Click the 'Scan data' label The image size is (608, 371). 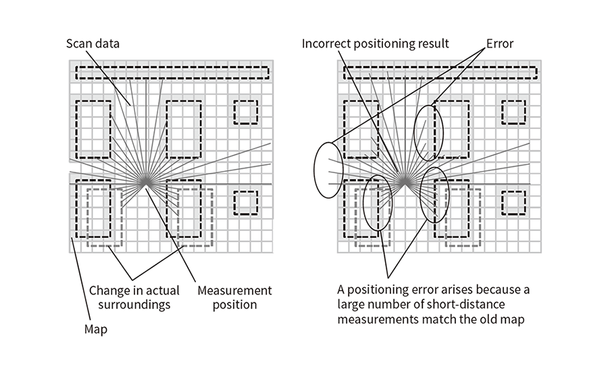(x=93, y=45)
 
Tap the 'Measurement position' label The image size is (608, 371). (x=234, y=297)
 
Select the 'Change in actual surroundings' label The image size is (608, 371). (x=134, y=297)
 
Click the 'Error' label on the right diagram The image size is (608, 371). (x=499, y=45)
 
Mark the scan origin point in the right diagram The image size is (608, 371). (x=403, y=182)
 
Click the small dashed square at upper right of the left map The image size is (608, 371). (x=245, y=112)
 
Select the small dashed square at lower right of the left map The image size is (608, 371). (x=245, y=202)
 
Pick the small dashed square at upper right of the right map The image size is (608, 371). (x=513, y=112)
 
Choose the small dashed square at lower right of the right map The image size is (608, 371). (x=513, y=202)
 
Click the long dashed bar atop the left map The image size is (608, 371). (x=172, y=73)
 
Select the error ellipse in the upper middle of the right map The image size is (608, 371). (x=429, y=132)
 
